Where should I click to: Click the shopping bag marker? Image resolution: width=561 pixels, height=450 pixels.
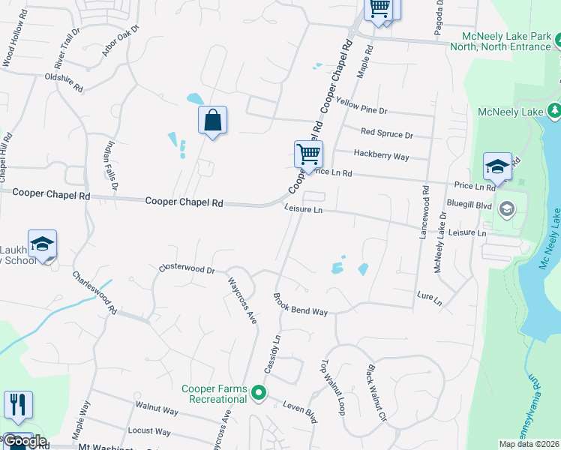[x=213, y=120]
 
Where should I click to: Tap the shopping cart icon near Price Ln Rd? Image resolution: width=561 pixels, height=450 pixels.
[x=308, y=154]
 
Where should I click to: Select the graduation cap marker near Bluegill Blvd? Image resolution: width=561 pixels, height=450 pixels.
[x=497, y=167]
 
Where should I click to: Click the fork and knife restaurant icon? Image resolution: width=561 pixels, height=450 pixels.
[x=18, y=404]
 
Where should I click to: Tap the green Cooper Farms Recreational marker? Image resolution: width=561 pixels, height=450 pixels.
[x=259, y=392]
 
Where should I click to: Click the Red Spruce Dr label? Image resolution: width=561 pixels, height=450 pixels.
[x=387, y=133]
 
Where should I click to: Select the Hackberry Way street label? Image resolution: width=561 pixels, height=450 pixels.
[x=381, y=156]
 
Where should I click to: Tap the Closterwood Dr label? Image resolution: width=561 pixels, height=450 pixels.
[x=187, y=268]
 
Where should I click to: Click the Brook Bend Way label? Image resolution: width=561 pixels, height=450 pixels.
[x=300, y=303]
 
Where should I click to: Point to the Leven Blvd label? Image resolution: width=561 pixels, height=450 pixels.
[x=299, y=412]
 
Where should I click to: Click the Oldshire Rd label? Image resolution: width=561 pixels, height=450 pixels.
[x=64, y=82]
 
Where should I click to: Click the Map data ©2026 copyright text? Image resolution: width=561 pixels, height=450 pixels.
[x=529, y=444]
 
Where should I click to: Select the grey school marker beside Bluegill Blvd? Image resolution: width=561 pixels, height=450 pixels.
[x=508, y=208]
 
